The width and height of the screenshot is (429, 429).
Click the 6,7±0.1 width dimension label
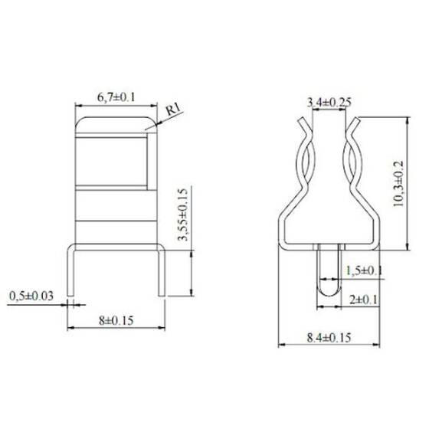pos(115,97)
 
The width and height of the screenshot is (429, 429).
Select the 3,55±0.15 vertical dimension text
pos(182,215)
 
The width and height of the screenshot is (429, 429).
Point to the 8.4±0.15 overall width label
pos(329,336)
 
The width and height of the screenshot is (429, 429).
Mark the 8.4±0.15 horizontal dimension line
pos(329,344)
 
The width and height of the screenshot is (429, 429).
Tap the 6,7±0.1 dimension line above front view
pos(115,105)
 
